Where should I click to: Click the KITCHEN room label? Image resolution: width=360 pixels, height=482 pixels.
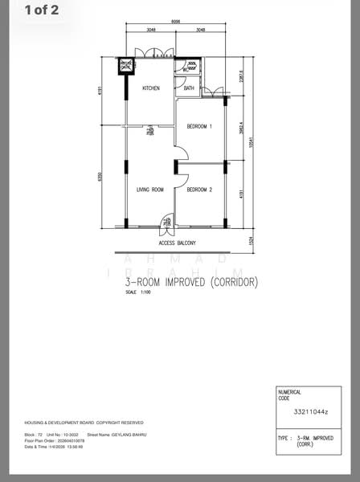coord(151,88)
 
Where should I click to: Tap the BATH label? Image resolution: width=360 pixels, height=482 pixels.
coord(189,88)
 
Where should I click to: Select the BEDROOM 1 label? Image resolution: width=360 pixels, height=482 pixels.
coord(199,126)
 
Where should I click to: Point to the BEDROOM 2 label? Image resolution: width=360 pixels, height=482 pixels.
coord(199,190)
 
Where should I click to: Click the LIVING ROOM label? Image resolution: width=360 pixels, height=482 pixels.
coord(150,190)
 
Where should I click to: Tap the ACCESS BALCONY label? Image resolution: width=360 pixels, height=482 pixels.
coord(178,243)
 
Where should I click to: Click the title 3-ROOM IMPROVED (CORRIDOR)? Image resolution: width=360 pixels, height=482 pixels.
coord(190,283)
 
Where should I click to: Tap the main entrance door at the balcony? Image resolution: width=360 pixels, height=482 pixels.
coord(166,221)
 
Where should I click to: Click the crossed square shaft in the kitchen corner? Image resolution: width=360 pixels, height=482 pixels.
coord(126,66)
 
